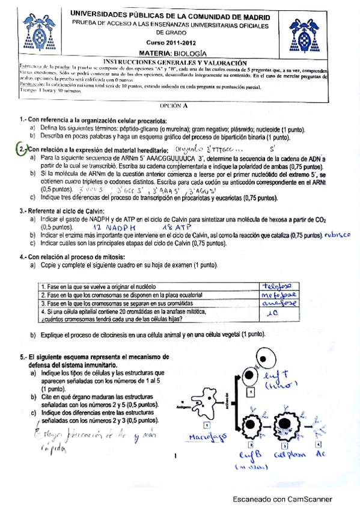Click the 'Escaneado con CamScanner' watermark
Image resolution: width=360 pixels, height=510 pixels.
coord(282,499)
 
